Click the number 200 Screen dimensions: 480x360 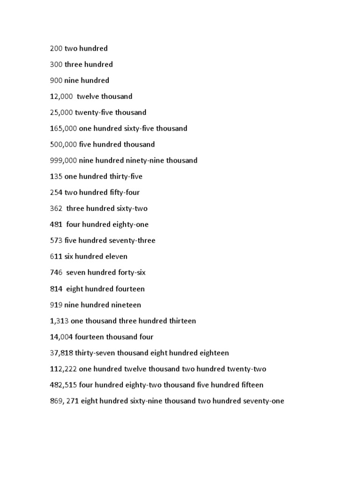(56, 48)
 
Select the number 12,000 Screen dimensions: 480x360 (61, 97)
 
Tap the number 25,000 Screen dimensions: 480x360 (61, 112)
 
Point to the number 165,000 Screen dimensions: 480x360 (63, 128)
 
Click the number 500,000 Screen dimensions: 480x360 (63, 144)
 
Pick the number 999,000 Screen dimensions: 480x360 (63, 160)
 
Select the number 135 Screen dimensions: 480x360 (56, 176)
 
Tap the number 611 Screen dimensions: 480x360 (56, 256)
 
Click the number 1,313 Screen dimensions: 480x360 (59, 321)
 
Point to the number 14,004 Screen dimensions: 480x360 (61, 337)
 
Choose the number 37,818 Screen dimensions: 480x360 (61, 353)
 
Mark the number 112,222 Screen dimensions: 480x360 (63, 369)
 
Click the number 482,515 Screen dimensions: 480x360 (63, 385)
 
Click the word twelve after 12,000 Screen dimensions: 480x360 (88, 97)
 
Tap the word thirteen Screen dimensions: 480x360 (180, 321)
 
